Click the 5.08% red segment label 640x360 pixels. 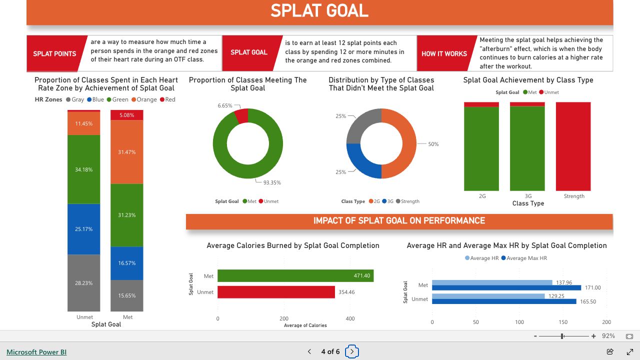pyautogui.click(x=126, y=115)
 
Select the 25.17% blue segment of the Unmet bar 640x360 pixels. pyautogui.click(x=83, y=229)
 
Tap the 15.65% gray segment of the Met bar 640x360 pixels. pyautogui.click(x=127, y=295)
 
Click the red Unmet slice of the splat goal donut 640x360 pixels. pyautogui.click(x=242, y=115)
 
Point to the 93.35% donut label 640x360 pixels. pyautogui.click(x=272, y=182)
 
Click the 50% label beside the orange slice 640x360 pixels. pyautogui.click(x=433, y=144)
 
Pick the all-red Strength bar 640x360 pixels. pyautogui.click(x=573, y=146)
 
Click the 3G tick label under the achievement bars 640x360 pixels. pyautogui.click(x=528, y=196)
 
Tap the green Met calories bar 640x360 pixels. pyautogui.click(x=295, y=275)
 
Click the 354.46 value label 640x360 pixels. pyautogui.click(x=346, y=292)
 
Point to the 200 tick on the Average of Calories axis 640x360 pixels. pyautogui.click(x=283, y=318)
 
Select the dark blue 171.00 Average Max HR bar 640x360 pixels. pyautogui.click(x=506, y=287)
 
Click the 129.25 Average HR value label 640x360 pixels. pyautogui.click(x=556, y=296)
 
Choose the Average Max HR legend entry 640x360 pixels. pyautogui.click(x=524, y=258)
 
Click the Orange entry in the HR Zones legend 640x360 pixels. pyautogui.click(x=144, y=99)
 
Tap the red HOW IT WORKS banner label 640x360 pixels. pyautogui.click(x=444, y=53)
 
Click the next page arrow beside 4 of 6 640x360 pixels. pyautogui.click(x=352, y=351)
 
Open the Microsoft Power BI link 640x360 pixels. pyautogui.click(x=36, y=352)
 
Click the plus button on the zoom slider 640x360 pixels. pyautogui.click(x=593, y=336)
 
